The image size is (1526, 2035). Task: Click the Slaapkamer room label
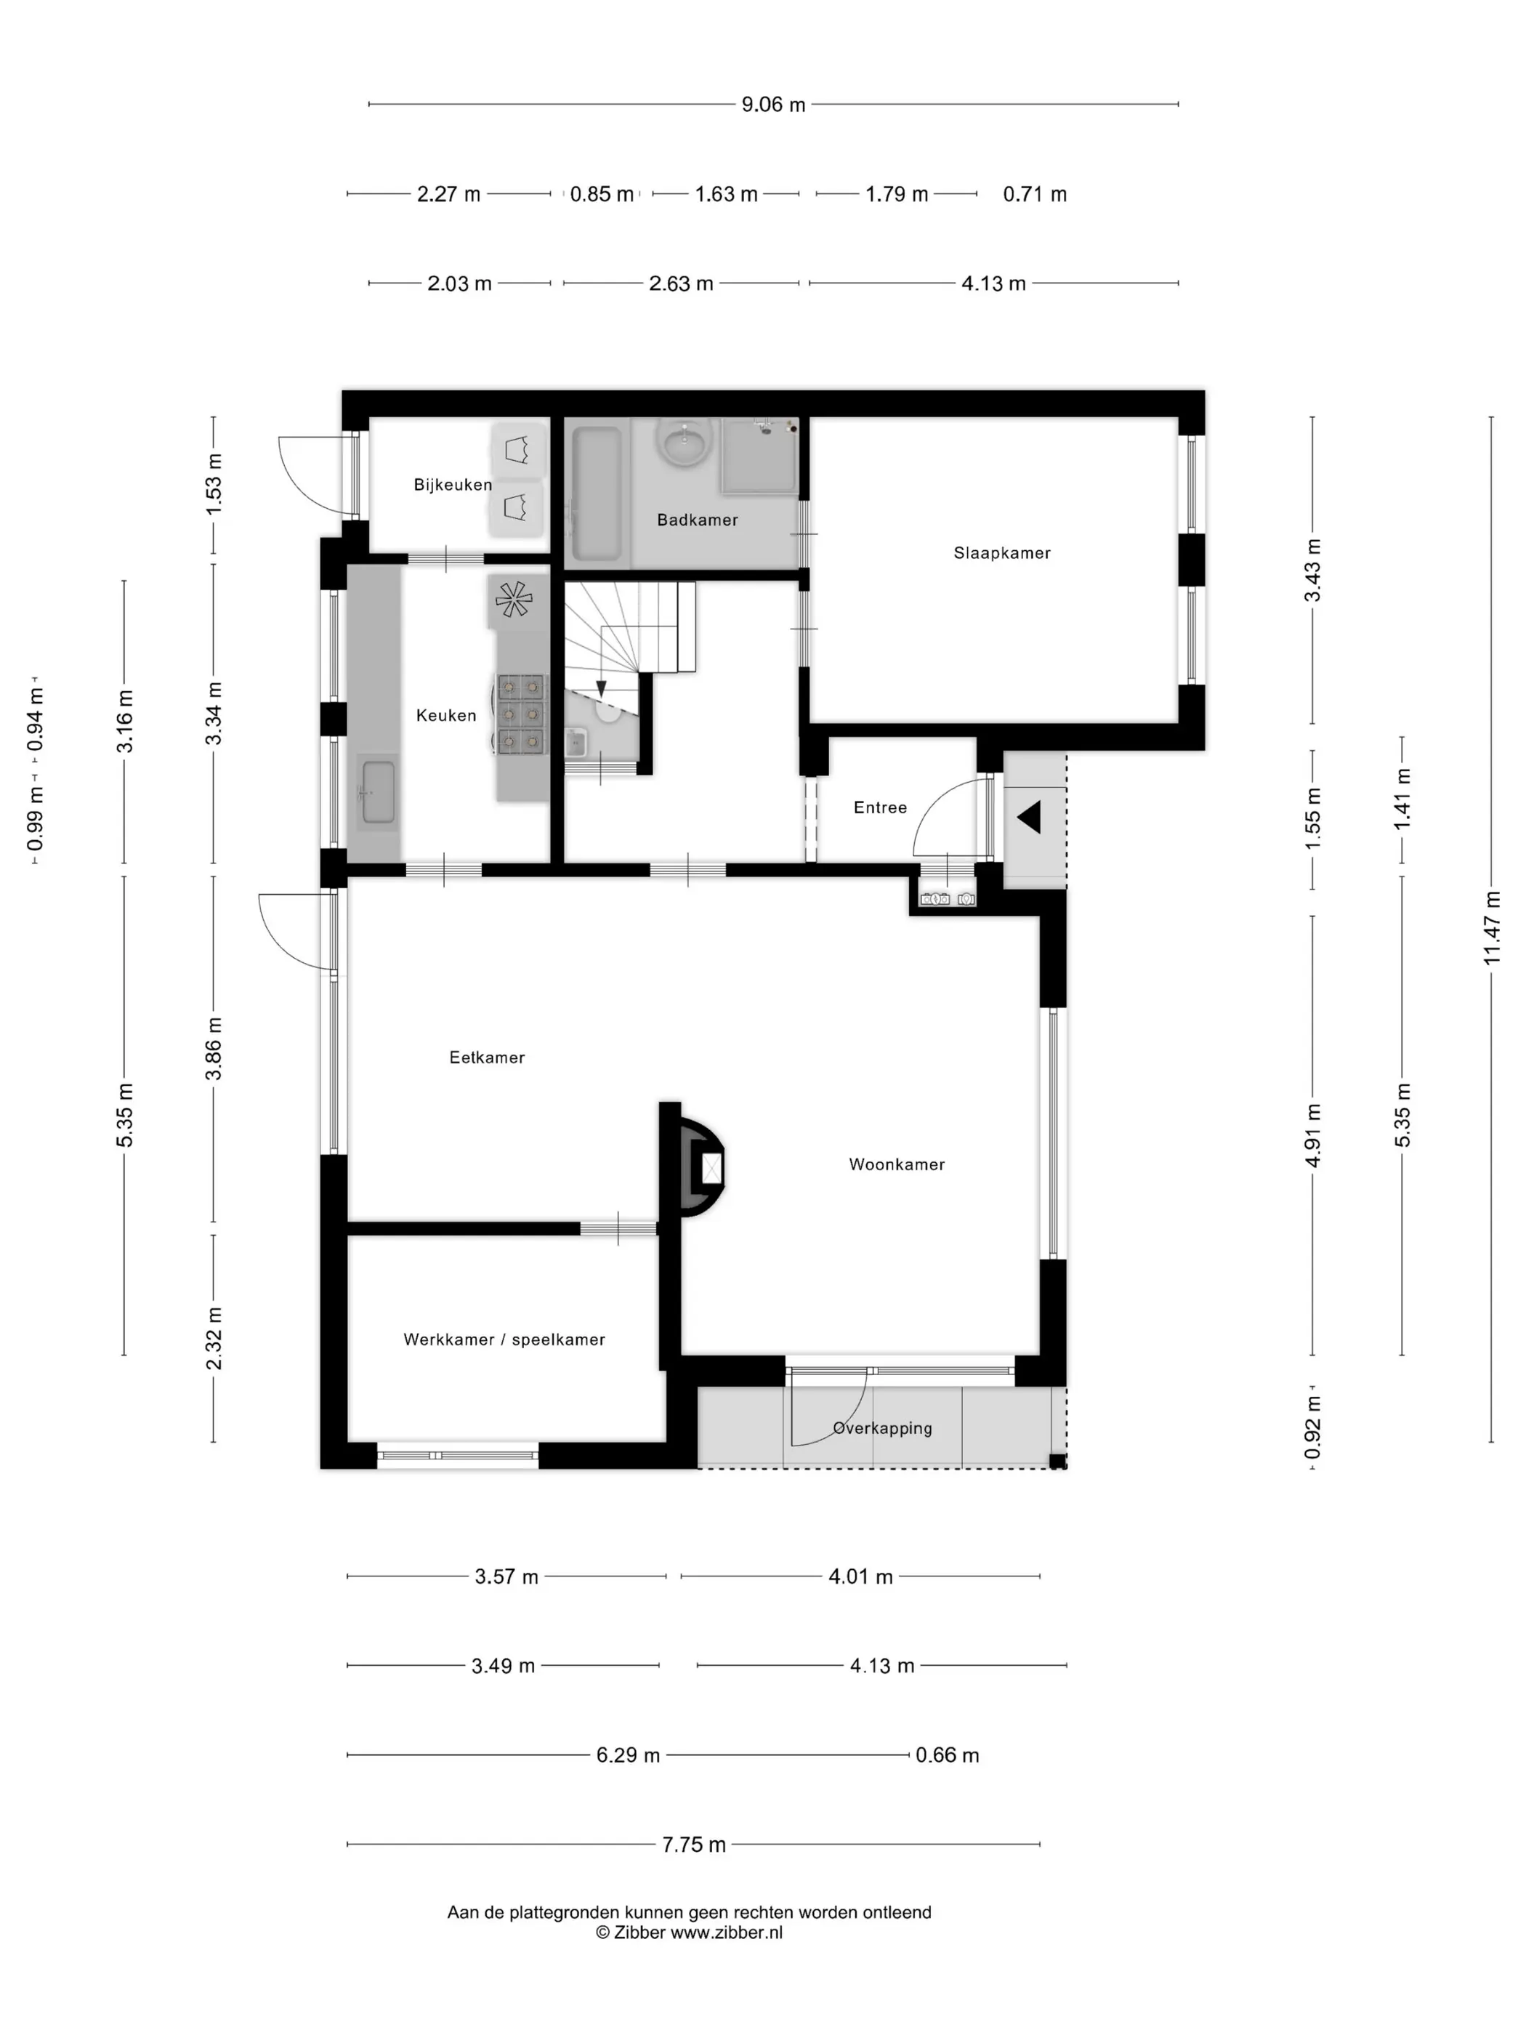tap(1001, 553)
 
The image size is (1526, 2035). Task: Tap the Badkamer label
tap(697, 520)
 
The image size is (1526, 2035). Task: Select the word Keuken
tap(446, 715)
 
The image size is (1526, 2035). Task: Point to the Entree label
tap(880, 807)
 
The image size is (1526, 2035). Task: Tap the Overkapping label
tap(882, 1428)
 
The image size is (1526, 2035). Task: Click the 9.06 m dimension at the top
tap(774, 105)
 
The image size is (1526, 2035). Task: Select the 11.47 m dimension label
tap(1491, 928)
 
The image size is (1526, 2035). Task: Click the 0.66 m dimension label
tap(947, 1755)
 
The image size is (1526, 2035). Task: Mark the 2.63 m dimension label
tap(681, 283)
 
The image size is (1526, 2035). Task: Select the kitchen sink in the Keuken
tap(378, 792)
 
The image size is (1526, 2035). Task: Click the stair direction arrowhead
tap(601, 689)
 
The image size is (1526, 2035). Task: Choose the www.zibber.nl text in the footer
tap(726, 1933)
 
